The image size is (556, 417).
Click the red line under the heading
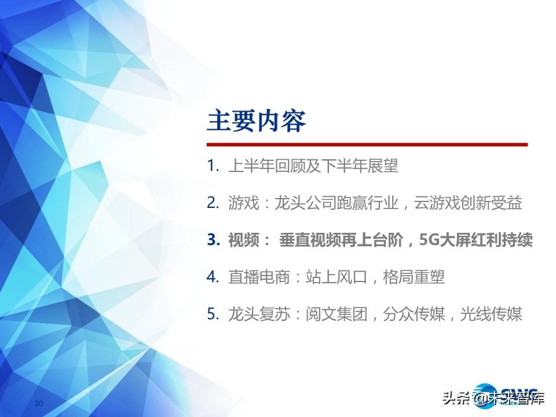pyautogui.click(x=367, y=144)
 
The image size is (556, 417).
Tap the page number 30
pyautogui.click(x=39, y=403)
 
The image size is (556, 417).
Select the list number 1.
pyautogui.click(x=211, y=167)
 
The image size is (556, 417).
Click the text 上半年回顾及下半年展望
pyautogui.click(x=313, y=167)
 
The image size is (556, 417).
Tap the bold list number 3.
pyautogui.click(x=212, y=240)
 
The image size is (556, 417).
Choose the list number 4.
pyautogui.click(x=211, y=277)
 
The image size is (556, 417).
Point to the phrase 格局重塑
pyautogui.click(x=414, y=277)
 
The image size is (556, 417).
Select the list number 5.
pyautogui.click(x=211, y=314)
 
